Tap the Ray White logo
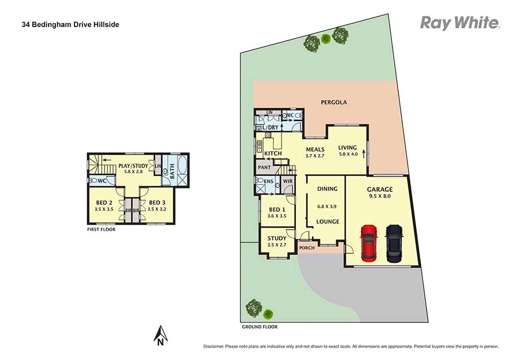[459, 23]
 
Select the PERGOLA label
[334, 102]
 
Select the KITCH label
[273, 154]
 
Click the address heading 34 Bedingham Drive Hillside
[70, 25]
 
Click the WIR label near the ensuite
[287, 182]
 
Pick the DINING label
[327, 189]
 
